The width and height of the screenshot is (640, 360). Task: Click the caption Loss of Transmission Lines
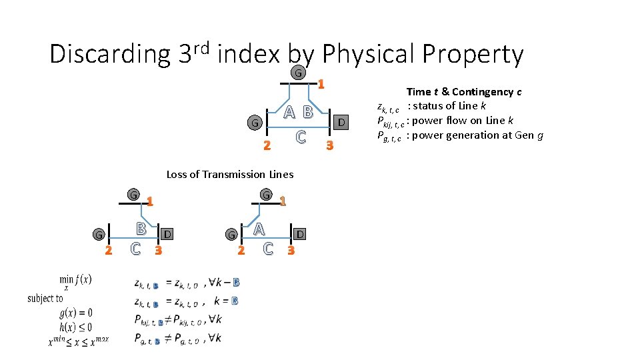coord(229,175)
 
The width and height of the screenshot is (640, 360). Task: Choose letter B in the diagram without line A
coord(141,229)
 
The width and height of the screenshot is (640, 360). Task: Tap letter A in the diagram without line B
coord(259,229)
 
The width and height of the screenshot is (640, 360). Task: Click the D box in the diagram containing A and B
coord(341,122)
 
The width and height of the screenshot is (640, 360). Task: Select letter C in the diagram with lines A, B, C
coord(301,137)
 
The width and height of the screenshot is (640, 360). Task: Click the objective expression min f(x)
coord(75,281)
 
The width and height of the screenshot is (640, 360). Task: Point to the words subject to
coord(45,298)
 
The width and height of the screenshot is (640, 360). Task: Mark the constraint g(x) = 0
coord(75,313)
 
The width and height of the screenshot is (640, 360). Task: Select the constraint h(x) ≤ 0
coord(75,327)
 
